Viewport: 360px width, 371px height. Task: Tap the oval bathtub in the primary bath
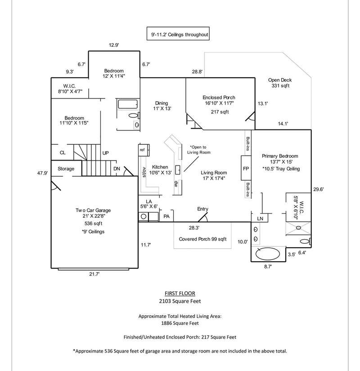(267, 254)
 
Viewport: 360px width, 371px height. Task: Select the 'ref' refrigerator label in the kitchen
(142, 150)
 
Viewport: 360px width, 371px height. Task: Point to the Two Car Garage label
(93, 210)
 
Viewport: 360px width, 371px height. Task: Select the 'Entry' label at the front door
(203, 209)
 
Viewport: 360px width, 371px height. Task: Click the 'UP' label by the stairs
(106, 153)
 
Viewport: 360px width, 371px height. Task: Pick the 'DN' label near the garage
(117, 169)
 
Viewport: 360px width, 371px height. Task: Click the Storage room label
(66, 169)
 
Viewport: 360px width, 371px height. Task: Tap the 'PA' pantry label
(166, 217)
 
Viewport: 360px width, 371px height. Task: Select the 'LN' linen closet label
(260, 218)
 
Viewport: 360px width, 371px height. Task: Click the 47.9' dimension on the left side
(42, 173)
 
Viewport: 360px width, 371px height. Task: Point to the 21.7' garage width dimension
(93, 273)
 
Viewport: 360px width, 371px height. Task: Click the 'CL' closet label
(63, 153)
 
